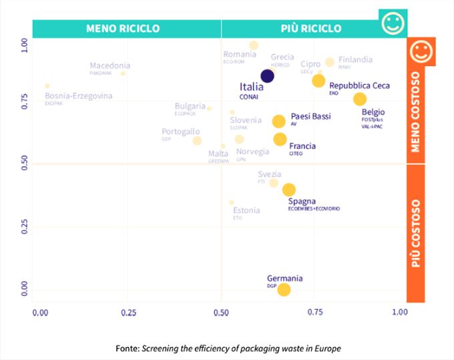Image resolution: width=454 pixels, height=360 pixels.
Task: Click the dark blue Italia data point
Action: pos(267,76)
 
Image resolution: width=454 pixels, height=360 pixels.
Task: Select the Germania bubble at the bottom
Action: pos(284,289)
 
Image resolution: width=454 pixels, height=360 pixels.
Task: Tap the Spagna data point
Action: pos(288,190)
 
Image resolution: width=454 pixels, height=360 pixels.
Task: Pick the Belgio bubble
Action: pos(360,99)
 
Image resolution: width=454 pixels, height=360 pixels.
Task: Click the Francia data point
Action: pos(280,139)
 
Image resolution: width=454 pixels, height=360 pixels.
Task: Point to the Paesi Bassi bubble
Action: pos(278,121)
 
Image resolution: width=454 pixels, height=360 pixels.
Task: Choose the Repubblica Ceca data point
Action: pos(318,81)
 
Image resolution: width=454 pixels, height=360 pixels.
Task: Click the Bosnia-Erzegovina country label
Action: pos(79,96)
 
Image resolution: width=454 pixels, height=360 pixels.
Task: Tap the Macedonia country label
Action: pos(110,65)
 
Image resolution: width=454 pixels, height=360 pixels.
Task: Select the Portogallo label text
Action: pos(180,132)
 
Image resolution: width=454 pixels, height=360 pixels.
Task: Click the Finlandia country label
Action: pos(355,59)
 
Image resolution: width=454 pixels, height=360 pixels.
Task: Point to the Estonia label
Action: pos(246,210)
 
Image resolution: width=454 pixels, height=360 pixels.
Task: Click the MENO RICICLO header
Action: pos(123,29)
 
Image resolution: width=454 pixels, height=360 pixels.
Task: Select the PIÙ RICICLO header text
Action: pos(310,29)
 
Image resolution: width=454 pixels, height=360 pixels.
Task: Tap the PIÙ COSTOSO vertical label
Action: pos(415,233)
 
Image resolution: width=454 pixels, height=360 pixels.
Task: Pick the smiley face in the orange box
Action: pos(421,51)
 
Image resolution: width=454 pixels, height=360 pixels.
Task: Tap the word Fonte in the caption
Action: pos(127,348)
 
